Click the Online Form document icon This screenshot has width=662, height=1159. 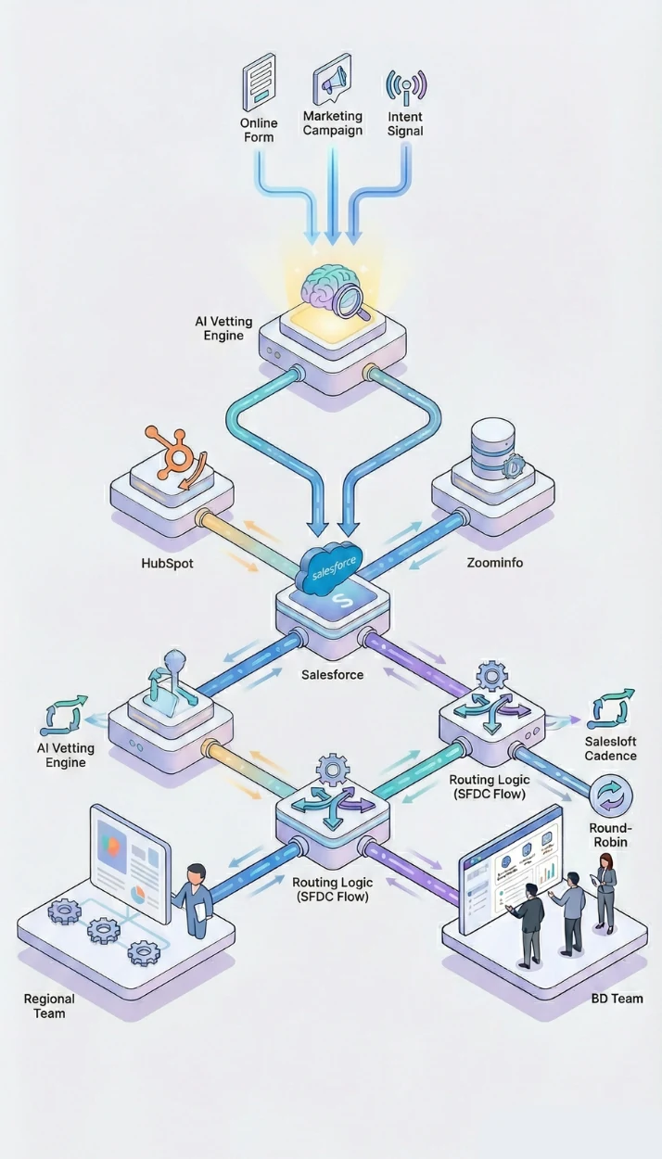click(x=259, y=83)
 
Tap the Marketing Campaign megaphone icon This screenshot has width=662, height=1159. click(x=332, y=82)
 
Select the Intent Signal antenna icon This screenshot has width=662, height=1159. click(x=405, y=85)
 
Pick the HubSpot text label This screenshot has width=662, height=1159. click(x=167, y=563)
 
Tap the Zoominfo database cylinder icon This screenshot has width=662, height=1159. click(x=492, y=450)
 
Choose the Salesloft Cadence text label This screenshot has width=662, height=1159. click(x=610, y=748)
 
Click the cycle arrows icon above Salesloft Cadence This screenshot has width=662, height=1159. click(x=611, y=708)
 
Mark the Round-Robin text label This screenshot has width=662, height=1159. click(x=610, y=835)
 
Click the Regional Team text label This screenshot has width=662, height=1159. click(x=49, y=1006)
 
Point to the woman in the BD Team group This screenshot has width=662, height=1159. click(x=605, y=892)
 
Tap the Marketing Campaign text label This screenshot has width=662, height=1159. click(x=333, y=123)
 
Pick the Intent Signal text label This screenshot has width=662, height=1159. click(x=405, y=124)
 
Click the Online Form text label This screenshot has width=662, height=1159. click(x=259, y=130)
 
